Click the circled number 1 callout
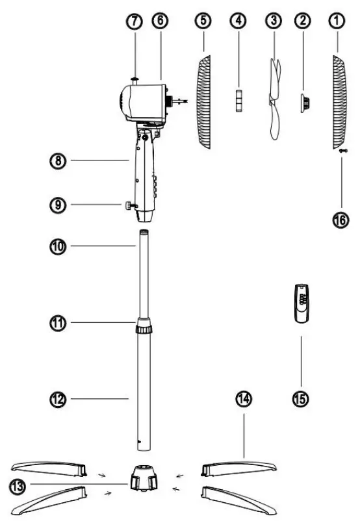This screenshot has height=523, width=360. coord(337,21)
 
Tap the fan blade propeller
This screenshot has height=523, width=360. coord(274,91)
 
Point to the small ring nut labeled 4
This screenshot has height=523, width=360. coord(238,101)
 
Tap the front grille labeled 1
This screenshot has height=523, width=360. coord(339,101)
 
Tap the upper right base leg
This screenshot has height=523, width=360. coord(240,466)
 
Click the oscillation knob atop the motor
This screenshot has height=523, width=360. coord(135,79)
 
